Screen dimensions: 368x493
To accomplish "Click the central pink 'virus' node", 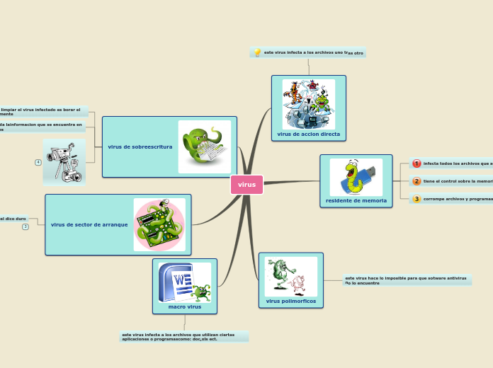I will (x=246, y=185).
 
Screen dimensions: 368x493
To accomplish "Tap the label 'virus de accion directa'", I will (x=308, y=134).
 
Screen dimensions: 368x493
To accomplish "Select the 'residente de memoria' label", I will (x=356, y=201).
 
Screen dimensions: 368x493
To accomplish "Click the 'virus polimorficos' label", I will (x=290, y=301).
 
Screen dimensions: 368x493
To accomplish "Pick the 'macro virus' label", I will (x=184, y=306).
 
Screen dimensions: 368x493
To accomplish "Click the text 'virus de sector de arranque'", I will (x=89, y=224).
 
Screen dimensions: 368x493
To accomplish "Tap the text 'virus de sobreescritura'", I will (x=140, y=146).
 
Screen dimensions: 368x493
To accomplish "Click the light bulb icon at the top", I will (x=258, y=52).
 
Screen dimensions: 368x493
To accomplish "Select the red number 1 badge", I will (x=416, y=163).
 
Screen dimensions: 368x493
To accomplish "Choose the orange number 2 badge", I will (x=416, y=181).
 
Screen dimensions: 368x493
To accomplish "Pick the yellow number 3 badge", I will (x=416, y=199).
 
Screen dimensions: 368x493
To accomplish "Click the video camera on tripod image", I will (x=64, y=161).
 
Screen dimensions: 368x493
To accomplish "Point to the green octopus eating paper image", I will (x=204, y=146).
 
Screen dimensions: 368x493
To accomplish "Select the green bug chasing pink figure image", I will (x=290, y=276).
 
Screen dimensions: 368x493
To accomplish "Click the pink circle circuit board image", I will (x=159, y=224).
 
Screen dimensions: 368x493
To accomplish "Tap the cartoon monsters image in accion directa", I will (x=308, y=103).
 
